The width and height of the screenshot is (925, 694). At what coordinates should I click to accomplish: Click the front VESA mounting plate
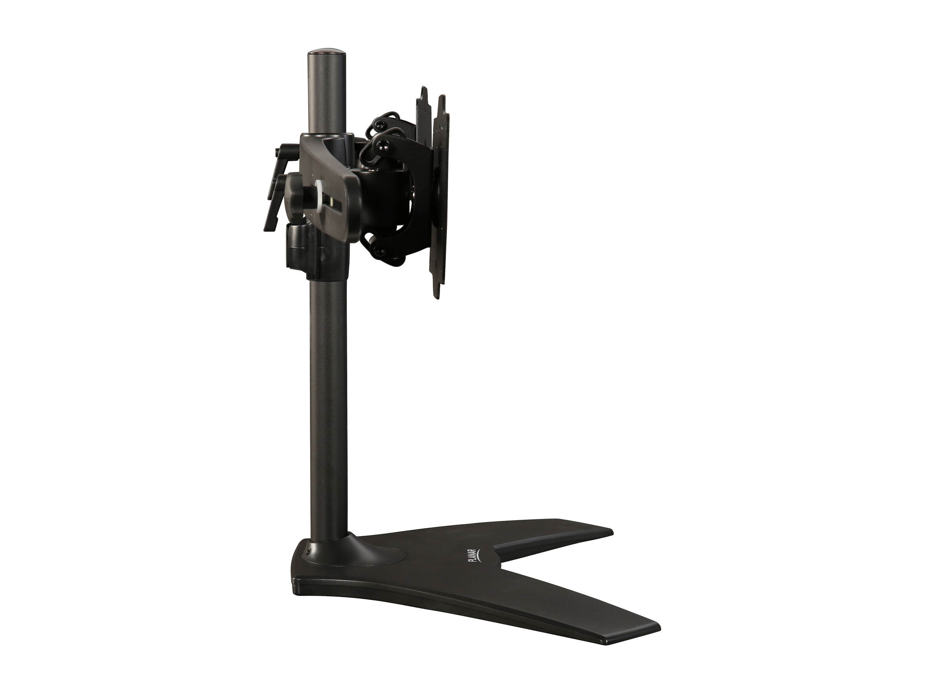[441, 197]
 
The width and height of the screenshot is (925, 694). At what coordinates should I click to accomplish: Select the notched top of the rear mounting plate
[423, 93]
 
